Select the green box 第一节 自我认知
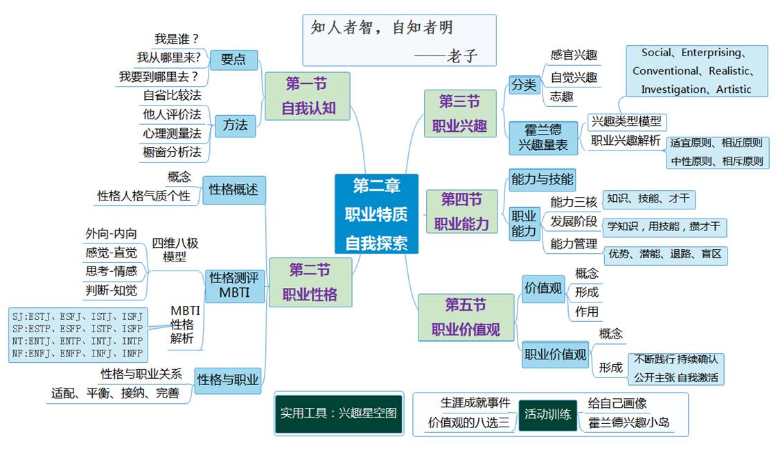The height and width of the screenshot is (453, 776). point(307,96)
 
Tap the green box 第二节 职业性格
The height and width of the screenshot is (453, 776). point(310,282)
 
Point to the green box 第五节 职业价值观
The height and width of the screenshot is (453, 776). point(466,317)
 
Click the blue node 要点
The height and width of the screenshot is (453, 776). point(233,60)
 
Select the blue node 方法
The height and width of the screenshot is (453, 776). point(235,126)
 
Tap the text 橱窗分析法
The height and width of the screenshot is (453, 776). point(172,151)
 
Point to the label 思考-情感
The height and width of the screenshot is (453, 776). point(111,271)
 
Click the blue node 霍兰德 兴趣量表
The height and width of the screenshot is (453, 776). point(543,137)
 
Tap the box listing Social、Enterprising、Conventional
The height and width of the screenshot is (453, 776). point(696,71)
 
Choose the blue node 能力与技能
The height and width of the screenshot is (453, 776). point(542,180)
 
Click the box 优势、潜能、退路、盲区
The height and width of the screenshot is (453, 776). point(664,254)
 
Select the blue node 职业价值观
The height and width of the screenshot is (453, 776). point(555,354)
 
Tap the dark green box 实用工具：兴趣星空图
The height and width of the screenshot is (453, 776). point(339,413)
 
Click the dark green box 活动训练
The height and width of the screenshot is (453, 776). point(547,415)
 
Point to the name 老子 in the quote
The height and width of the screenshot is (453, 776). point(464,56)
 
